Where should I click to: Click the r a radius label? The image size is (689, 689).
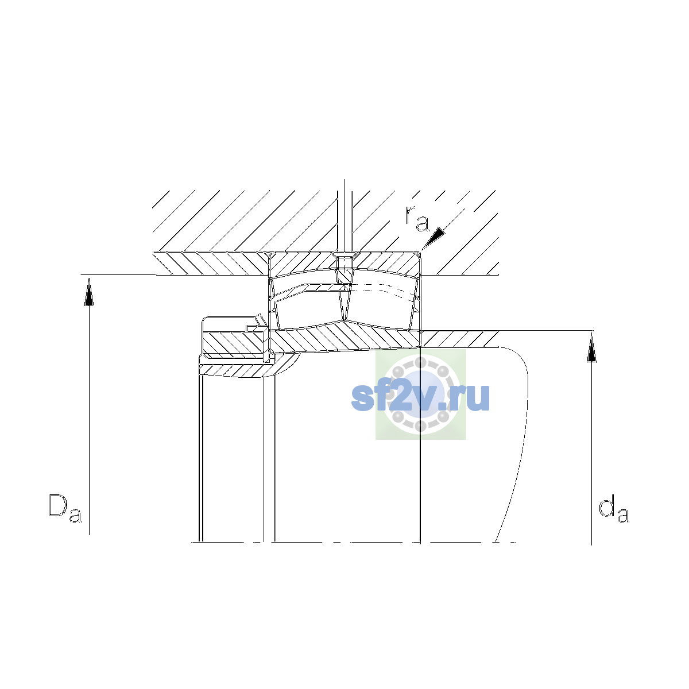click(416, 218)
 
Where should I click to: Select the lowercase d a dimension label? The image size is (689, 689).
click(614, 508)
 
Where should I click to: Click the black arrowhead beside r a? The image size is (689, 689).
click(433, 237)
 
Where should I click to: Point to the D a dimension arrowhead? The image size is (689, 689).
click(89, 292)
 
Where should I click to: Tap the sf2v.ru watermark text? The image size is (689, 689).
click(420, 397)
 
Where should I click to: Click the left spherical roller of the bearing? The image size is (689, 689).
click(308, 308)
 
